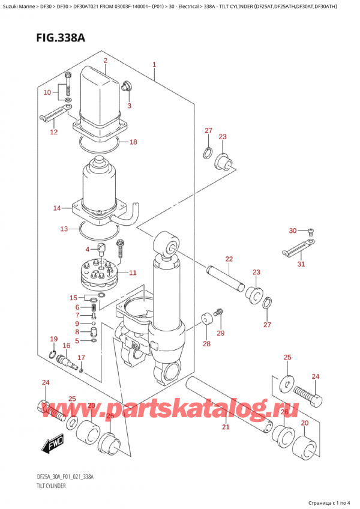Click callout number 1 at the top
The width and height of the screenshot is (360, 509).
(154, 65)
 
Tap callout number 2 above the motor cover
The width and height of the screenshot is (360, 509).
(105, 60)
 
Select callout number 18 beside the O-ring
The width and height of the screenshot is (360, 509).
(133, 142)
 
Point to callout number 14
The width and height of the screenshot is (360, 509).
(57, 208)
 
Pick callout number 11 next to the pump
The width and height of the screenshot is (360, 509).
(133, 273)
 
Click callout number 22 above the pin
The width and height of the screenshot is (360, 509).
(229, 259)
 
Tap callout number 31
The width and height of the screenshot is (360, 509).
(301, 264)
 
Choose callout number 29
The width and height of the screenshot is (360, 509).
(220, 333)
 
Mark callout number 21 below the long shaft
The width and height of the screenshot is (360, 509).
(226, 427)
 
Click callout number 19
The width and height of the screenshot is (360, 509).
(53, 339)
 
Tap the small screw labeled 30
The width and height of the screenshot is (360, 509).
(311, 231)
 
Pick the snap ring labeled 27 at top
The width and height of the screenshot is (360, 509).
(208, 152)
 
